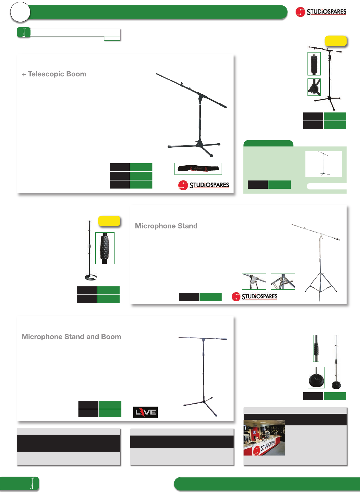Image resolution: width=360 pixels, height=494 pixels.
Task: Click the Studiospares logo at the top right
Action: point(321,12)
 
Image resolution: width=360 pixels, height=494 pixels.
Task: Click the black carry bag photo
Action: point(198,169)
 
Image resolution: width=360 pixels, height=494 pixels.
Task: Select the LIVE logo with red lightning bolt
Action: point(145,412)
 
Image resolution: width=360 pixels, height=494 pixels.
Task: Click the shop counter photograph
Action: point(264,437)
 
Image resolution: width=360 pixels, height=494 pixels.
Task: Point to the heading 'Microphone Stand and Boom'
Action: point(71,337)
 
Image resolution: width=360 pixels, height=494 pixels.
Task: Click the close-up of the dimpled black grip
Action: point(105,248)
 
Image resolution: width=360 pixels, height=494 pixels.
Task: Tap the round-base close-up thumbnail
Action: point(316,377)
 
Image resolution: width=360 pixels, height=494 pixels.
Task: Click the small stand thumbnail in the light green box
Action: point(324,163)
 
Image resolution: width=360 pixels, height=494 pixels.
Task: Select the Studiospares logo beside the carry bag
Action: point(204,185)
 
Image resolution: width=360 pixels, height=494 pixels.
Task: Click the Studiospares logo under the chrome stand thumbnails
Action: point(254,297)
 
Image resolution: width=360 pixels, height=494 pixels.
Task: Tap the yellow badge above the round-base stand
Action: point(109,221)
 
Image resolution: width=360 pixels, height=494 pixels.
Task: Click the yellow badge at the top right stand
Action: point(336,41)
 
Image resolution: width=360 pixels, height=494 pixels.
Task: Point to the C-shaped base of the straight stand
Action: point(91,278)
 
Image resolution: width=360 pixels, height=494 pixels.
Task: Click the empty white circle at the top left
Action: point(20,12)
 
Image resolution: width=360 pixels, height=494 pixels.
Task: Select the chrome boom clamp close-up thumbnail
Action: point(254,281)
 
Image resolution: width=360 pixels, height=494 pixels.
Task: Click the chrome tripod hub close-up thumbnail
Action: point(283,281)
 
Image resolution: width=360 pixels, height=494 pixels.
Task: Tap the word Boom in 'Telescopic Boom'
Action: point(76,74)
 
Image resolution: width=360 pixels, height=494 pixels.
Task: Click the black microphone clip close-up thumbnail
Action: point(314,64)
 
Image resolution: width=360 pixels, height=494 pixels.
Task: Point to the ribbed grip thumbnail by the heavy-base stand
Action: point(316,348)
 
